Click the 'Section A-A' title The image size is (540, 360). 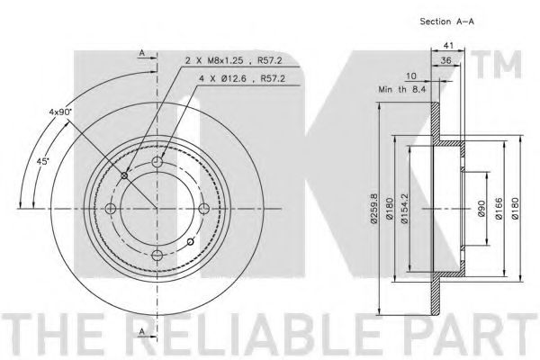pos(446,22)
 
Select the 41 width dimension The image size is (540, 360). pos(448,45)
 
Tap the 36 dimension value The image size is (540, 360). pos(446,60)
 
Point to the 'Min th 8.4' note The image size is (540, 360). pos(402,90)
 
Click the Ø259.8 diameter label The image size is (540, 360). pos(374,209)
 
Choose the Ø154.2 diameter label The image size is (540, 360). pos(404,209)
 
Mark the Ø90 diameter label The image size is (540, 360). pos(481,209)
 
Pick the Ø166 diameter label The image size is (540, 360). pos(499,209)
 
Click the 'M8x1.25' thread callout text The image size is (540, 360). pos(225,61)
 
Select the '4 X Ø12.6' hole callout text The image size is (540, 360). pos(222,79)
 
